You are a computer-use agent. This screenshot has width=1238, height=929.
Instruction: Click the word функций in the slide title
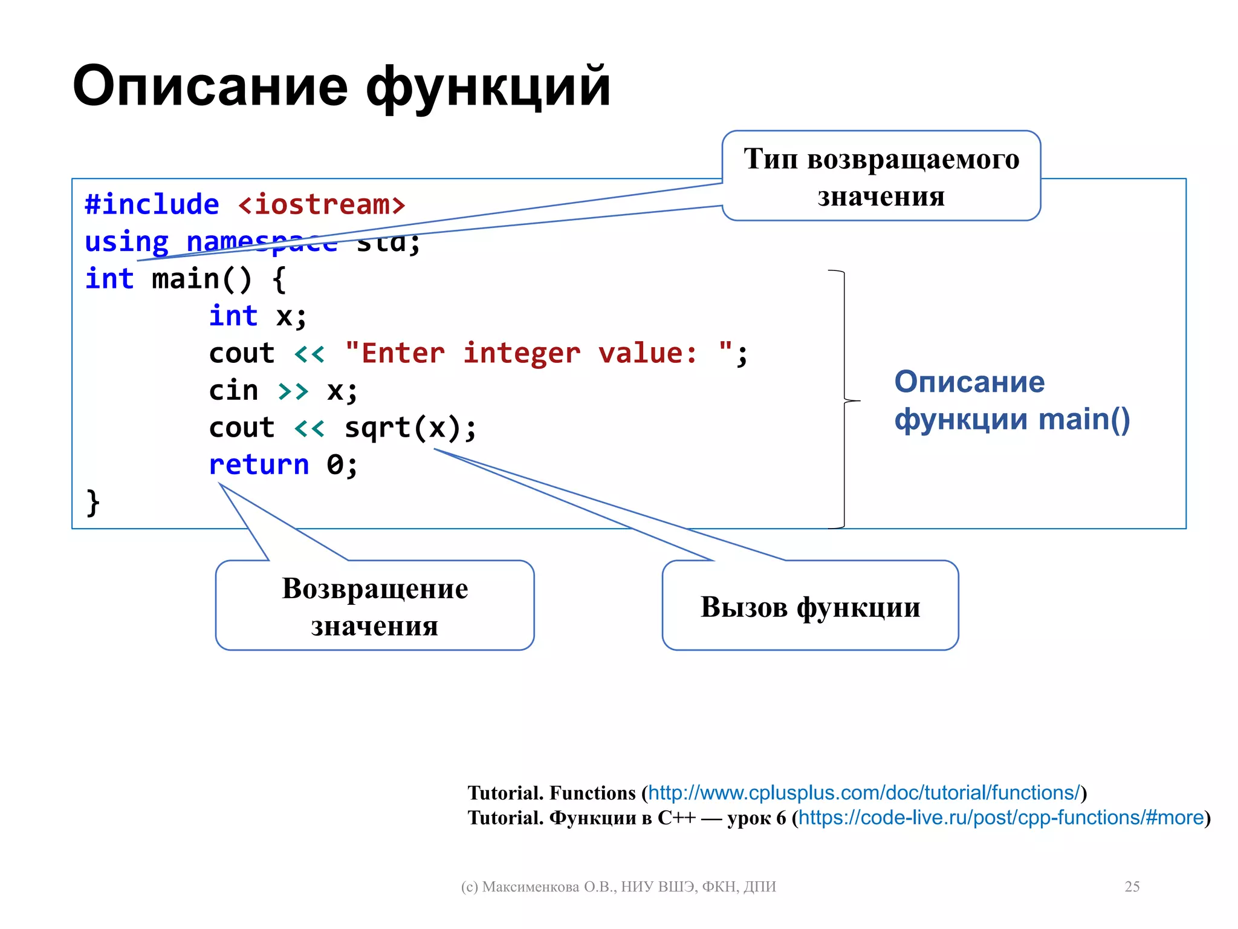(x=488, y=88)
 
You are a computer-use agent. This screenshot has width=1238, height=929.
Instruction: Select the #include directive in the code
(x=152, y=204)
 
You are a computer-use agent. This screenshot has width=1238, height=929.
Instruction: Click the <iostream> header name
(x=322, y=204)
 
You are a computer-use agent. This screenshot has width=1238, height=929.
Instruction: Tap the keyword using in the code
(x=126, y=243)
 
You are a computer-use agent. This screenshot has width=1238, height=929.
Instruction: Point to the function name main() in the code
(x=201, y=279)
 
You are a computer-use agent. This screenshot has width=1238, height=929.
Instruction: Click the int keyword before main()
(x=109, y=279)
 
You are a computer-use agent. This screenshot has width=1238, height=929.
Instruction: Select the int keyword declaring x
(x=233, y=316)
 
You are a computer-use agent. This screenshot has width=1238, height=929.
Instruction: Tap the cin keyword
(x=233, y=391)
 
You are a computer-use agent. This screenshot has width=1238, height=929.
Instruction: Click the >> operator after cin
(x=293, y=391)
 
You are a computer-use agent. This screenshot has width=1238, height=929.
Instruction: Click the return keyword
(x=259, y=465)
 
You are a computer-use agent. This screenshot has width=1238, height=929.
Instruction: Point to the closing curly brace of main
(x=93, y=503)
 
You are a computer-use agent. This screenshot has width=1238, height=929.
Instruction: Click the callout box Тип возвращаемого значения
(x=881, y=176)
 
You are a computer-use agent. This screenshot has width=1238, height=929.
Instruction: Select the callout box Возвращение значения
(x=375, y=605)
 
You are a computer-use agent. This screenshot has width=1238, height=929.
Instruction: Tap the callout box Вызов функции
(x=810, y=605)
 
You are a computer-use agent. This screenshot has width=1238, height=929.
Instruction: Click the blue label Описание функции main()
(x=1011, y=400)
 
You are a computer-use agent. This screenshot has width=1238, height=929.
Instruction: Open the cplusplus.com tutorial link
(x=864, y=793)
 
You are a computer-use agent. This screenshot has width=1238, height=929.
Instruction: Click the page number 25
(x=1132, y=887)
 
